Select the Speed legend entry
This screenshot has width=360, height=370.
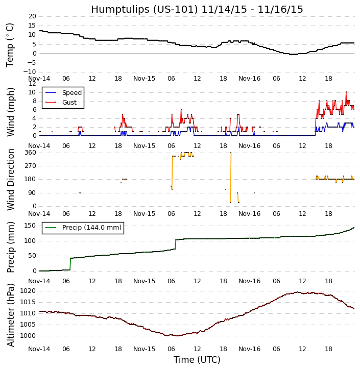click(71, 93)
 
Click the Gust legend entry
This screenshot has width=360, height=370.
click(69, 103)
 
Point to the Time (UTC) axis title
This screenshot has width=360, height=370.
click(197, 360)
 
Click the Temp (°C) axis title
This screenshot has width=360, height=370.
click(10, 44)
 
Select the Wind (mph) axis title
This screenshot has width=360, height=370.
click(10, 111)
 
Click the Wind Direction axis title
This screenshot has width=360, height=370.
click(10, 179)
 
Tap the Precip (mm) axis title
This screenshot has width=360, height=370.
click(10, 247)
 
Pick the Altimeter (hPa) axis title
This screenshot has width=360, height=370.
click(10, 315)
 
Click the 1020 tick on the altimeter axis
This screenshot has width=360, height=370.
click(28, 291)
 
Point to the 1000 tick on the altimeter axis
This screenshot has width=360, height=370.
click(28, 336)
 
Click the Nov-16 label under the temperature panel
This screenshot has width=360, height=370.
click(250, 79)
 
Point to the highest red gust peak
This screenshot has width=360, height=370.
click(346, 92)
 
